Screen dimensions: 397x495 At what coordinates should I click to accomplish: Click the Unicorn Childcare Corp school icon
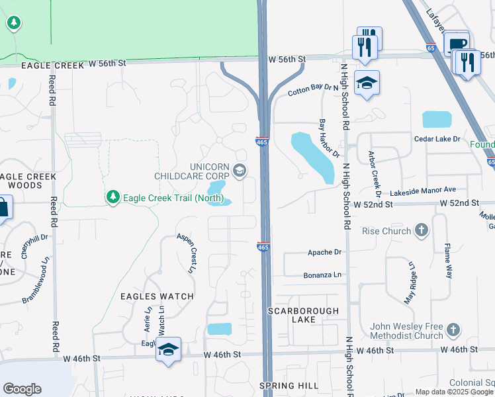tap(239, 172)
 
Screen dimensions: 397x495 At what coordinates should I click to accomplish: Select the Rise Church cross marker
tap(421, 231)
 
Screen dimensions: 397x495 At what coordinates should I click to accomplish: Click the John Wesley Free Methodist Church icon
tap(453, 330)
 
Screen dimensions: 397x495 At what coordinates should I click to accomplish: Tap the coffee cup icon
tap(456, 44)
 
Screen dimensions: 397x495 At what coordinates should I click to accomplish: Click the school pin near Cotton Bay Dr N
tap(367, 83)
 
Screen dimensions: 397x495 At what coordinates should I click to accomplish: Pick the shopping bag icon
tap(3, 207)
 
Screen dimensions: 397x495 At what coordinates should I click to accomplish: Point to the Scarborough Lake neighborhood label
tap(303, 315)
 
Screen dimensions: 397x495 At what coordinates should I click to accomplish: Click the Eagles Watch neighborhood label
tap(157, 296)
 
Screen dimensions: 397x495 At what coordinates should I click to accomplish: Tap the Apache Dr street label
tap(324, 253)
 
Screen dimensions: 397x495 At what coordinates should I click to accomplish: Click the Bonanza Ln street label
tap(322, 274)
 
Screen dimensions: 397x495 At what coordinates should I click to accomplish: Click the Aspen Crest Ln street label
tap(187, 253)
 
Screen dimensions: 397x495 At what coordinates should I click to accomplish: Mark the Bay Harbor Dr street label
tap(329, 138)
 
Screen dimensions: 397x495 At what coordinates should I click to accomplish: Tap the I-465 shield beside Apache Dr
tap(263, 246)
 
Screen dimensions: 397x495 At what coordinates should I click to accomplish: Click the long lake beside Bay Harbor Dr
tap(312, 156)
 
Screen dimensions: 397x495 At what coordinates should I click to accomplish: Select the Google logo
tap(22, 389)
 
